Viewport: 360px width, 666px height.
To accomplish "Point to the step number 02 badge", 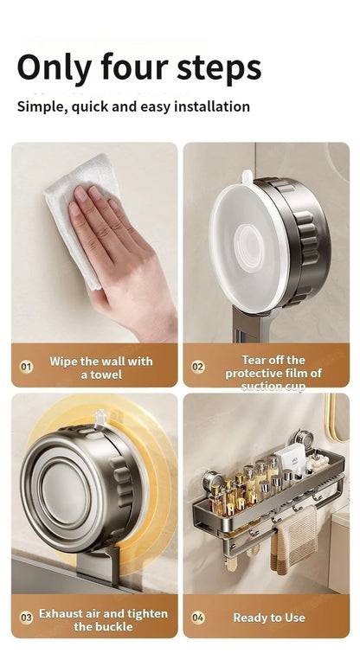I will [x=198, y=367].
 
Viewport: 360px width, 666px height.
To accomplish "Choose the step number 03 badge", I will [x=26, y=617].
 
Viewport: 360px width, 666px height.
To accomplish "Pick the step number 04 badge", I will [x=198, y=617].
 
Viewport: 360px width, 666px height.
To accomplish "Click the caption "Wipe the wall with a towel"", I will [x=100, y=368].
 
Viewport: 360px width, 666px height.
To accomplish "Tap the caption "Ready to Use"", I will [x=268, y=618].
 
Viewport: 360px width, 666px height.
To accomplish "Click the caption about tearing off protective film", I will [x=273, y=373].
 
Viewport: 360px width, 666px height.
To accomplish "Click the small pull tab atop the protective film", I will [x=247, y=177].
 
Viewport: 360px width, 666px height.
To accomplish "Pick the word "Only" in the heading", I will [x=55, y=67].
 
